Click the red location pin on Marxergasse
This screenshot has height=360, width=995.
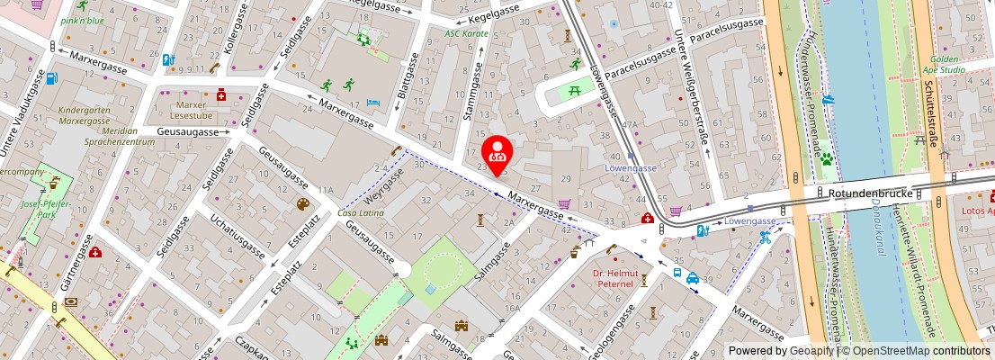497,153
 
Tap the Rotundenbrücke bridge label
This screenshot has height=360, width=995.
876,193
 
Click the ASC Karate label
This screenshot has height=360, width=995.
467,33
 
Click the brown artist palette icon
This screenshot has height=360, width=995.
303,204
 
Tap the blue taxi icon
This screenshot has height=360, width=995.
693,278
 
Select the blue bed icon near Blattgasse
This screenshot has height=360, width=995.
374,103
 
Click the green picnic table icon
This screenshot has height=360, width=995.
571,89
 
